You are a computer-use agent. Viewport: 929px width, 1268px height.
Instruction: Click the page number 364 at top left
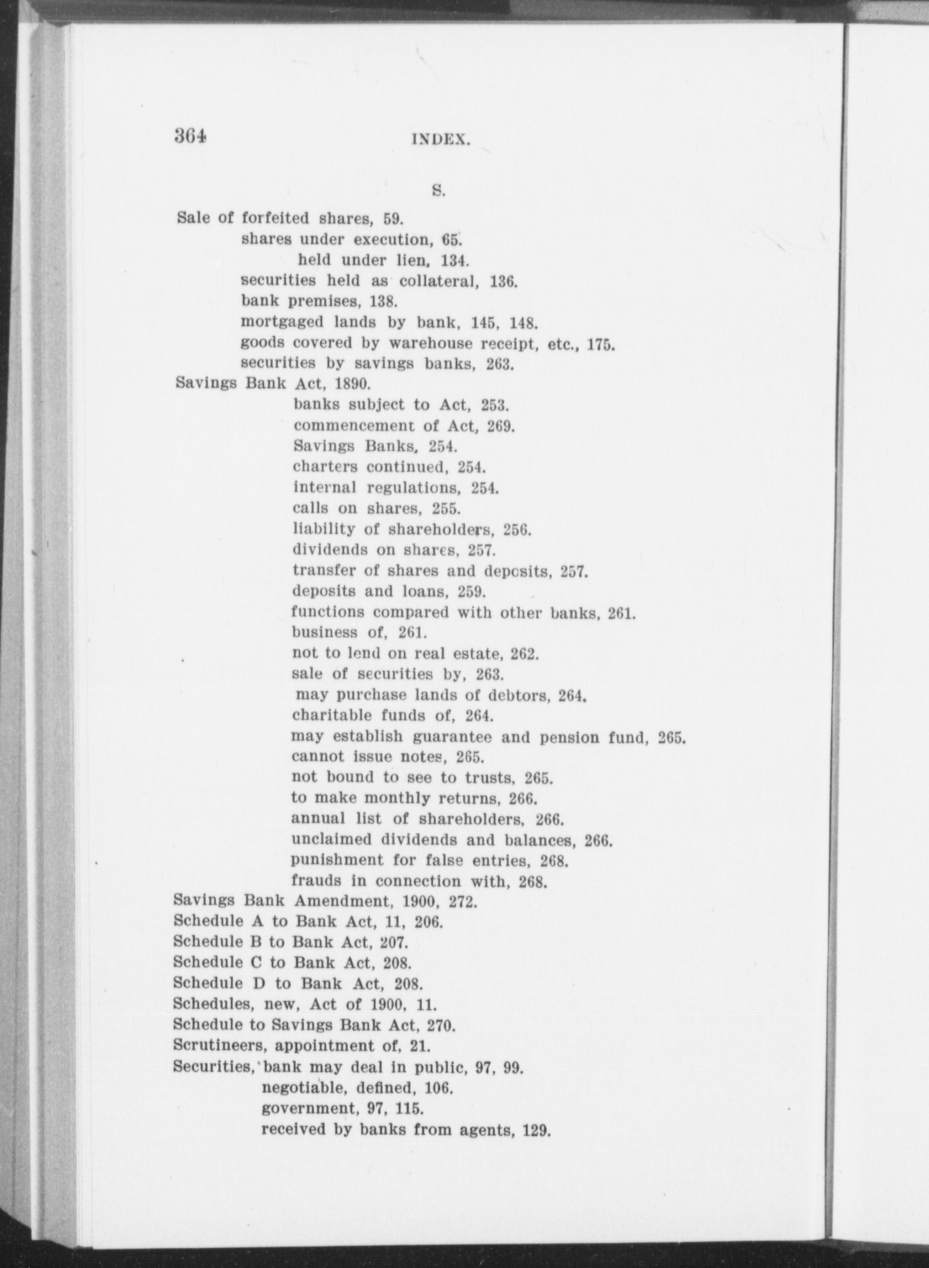coord(191,136)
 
